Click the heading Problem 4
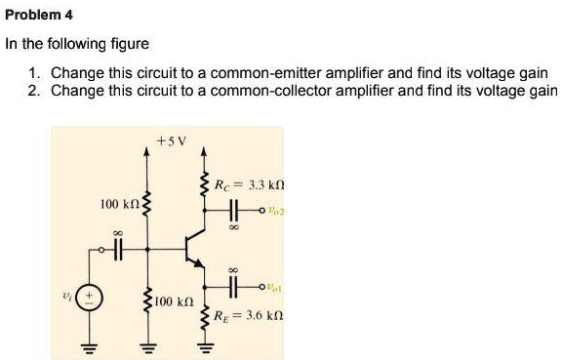click(38, 16)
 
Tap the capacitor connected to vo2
click(234, 210)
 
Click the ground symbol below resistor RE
click(204, 345)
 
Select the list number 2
click(34, 91)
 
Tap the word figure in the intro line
click(129, 44)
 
